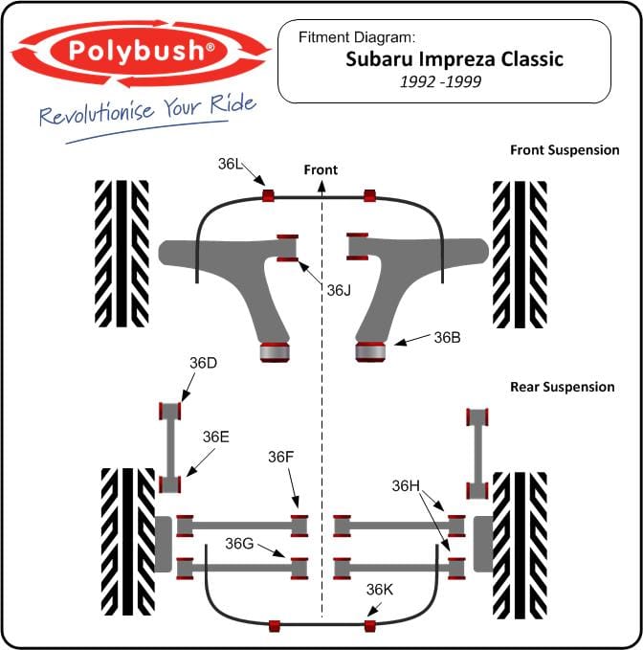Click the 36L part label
point(230,164)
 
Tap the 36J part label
point(339,291)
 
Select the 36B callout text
point(447,338)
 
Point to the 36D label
point(203,363)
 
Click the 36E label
point(216,437)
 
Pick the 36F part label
point(281,458)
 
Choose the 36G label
point(239,544)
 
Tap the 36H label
point(406,486)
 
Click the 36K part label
point(380,590)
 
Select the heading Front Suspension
point(565,150)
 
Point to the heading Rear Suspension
point(563,387)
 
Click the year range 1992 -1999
point(440,81)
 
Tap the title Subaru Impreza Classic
point(455,59)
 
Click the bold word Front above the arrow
point(321,170)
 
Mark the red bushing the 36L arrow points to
point(268,195)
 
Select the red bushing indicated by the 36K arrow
point(370,626)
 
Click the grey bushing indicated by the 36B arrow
point(370,352)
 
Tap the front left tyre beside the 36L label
point(122,254)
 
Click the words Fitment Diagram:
point(357,37)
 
